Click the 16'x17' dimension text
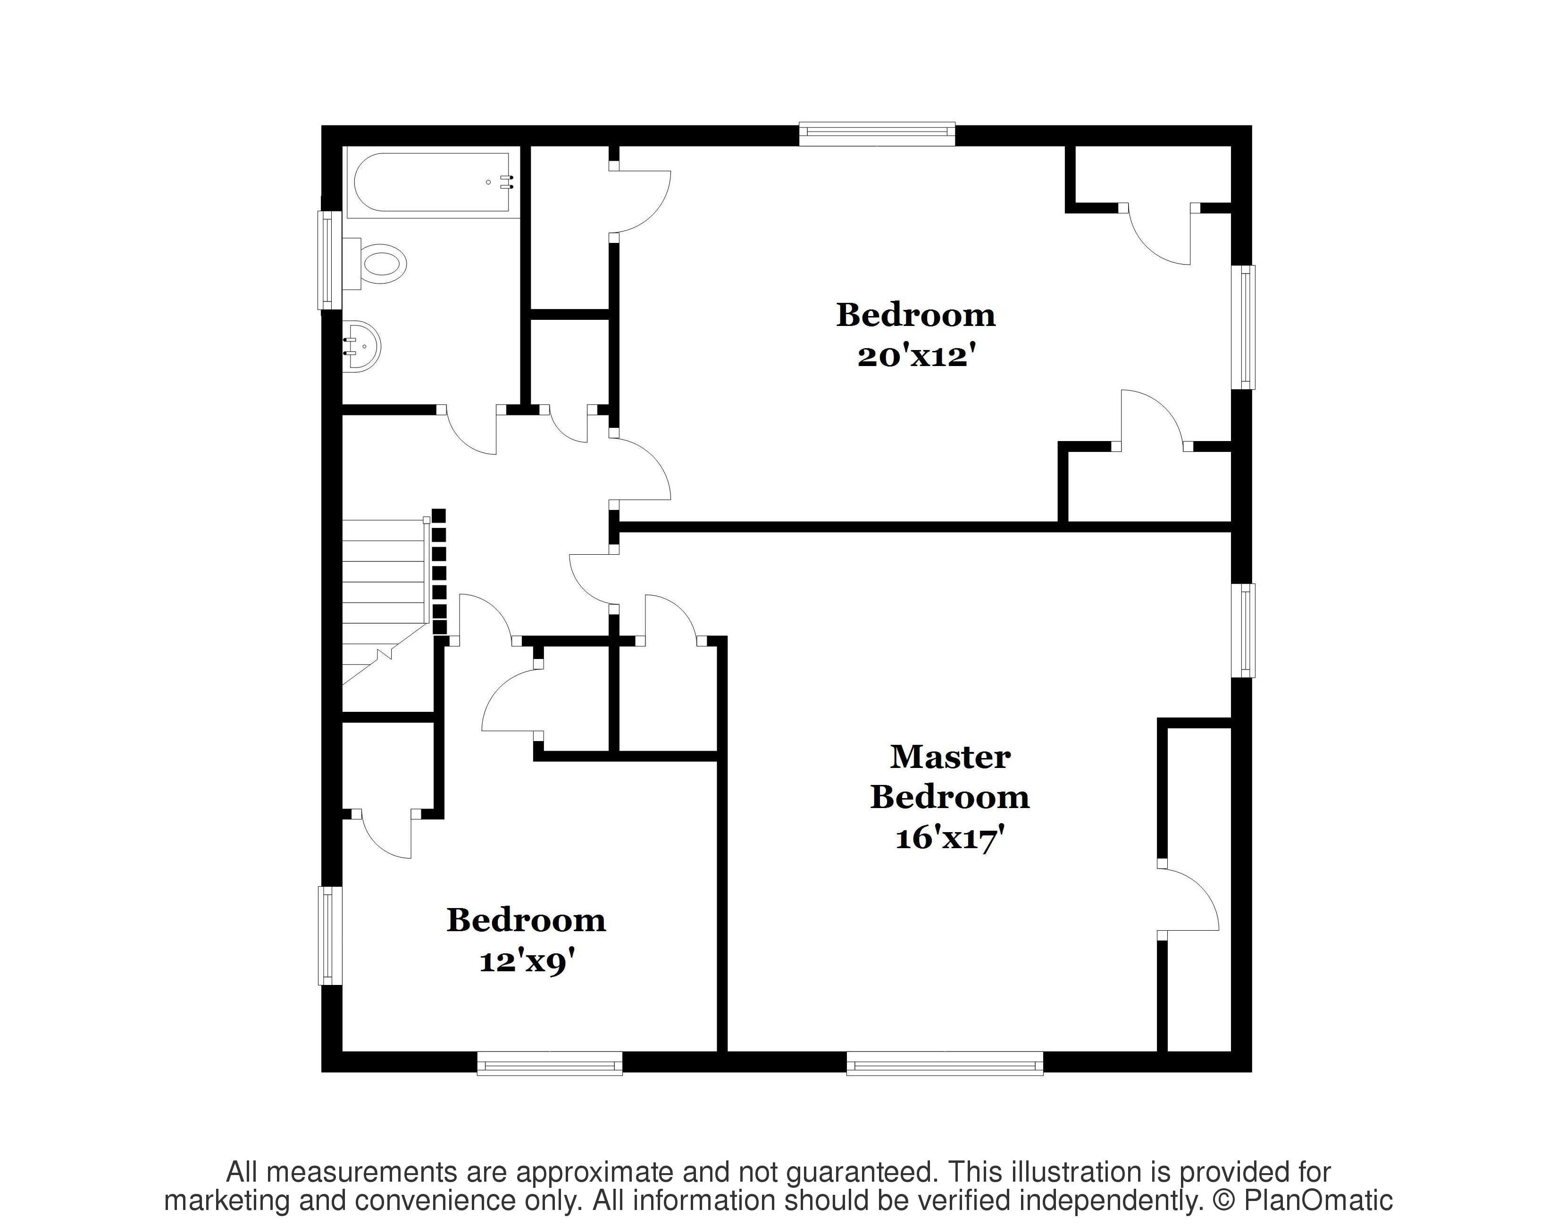coord(948,838)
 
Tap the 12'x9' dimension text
coord(527,961)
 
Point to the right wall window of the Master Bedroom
coord(1243,629)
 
